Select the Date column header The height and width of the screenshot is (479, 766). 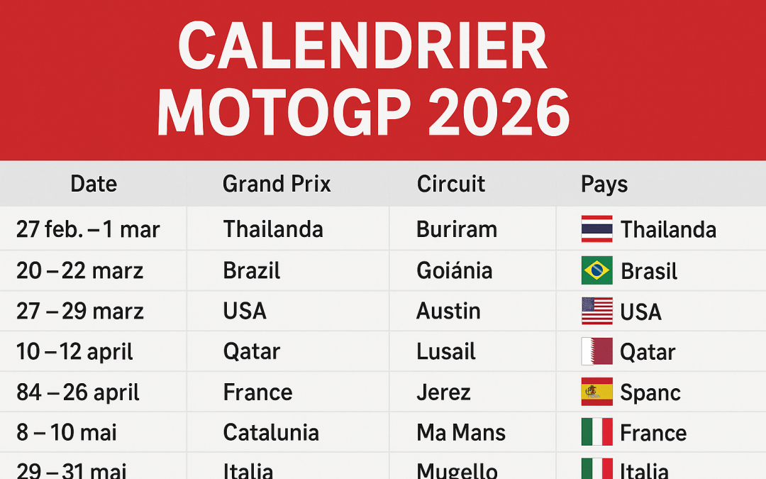tap(94, 185)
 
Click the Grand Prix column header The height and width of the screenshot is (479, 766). tap(277, 185)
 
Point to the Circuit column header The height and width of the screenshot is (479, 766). tap(450, 185)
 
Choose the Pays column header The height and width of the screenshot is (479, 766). tap(604, 185)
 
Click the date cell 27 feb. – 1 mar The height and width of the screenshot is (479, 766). tap(88, 229)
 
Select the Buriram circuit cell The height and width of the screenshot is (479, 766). tap(457, 229)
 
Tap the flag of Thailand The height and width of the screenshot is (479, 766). tap(596, 229)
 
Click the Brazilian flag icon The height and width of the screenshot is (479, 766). tap(596, 270)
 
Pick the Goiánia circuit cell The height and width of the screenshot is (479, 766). tap(454, 270)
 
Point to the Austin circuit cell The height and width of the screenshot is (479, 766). tap(448, 311)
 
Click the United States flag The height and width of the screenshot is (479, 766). tap(596, 311)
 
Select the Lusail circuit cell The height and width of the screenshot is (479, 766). tap(446, 351)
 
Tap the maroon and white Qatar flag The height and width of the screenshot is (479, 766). tap(596, 351)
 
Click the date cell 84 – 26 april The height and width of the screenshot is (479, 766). tap(78, 392)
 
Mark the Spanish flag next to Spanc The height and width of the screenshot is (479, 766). tap(596, 392)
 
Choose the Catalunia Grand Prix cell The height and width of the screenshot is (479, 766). tap(271, 432)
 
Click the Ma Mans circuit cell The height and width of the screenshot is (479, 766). tap(461, 432)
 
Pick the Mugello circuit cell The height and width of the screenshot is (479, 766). tap(457, 470)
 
